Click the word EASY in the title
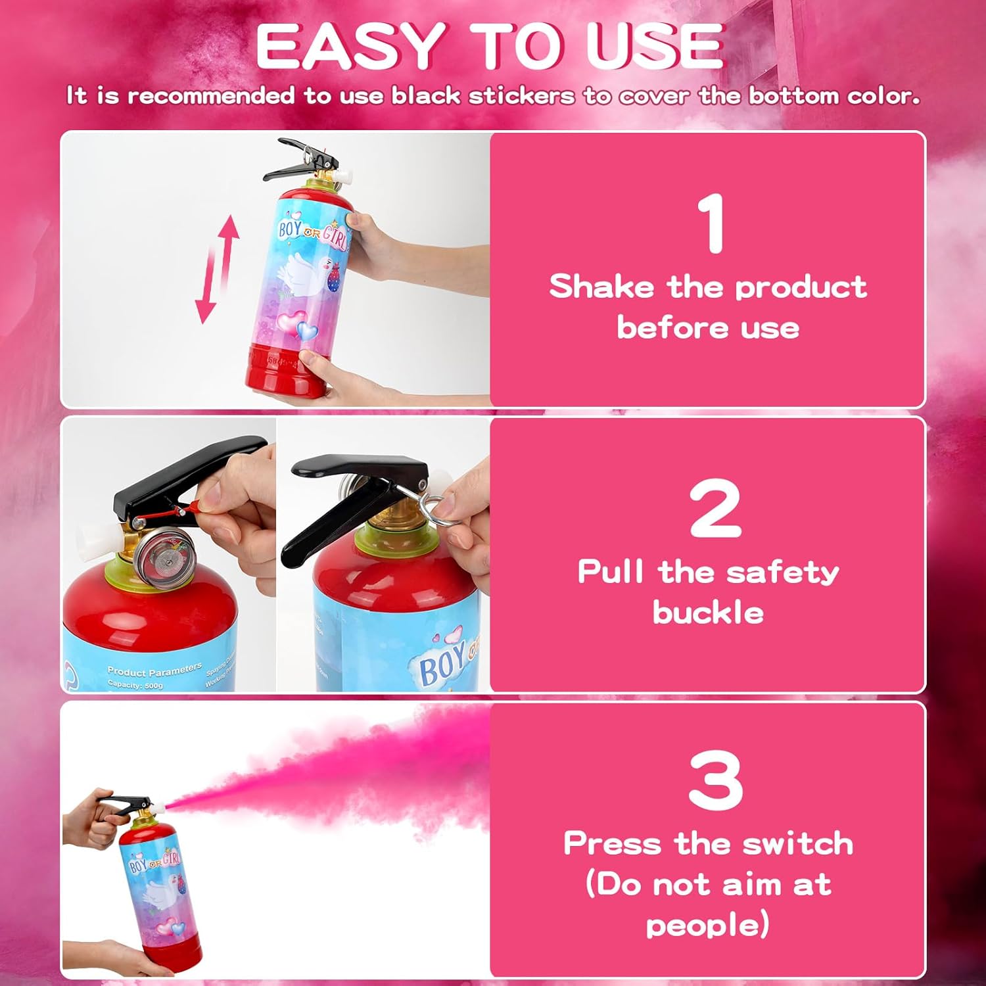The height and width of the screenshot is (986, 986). [348, 47]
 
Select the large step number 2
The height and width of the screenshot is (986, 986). [715, 507]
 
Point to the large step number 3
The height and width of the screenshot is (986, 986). [715, 780]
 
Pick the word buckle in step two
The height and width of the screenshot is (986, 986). [708, 613]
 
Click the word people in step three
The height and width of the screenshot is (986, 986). [703, 926]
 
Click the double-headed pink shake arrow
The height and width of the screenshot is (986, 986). [217, 270]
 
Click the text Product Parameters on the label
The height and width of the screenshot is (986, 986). [154, 670]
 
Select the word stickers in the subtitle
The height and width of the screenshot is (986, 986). [521, 96]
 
